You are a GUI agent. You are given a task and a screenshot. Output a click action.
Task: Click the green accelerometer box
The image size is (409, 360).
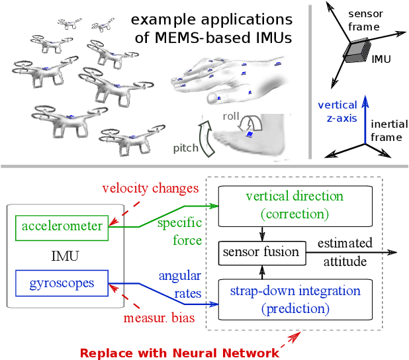[62, 227]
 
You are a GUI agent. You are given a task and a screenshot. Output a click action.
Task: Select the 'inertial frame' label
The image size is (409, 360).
[386, 130]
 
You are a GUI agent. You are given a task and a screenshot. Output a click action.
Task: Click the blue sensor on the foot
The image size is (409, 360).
[250, 134]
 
